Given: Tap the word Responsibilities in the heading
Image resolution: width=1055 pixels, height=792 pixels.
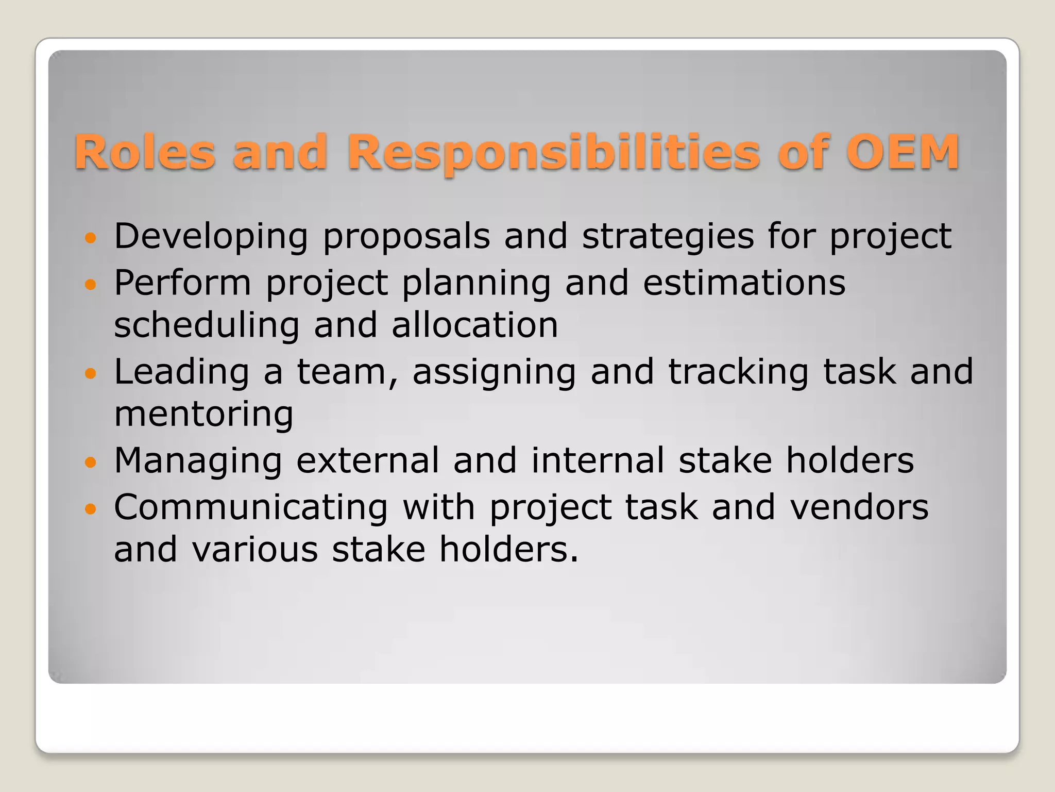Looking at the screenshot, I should (x=553, y=153).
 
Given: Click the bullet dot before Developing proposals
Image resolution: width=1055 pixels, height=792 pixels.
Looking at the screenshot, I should (x=90, y=238).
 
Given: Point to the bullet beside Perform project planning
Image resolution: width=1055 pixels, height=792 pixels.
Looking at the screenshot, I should (x=90, y=284).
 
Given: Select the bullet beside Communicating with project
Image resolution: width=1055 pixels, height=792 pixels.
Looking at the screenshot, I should (x=90, y=509).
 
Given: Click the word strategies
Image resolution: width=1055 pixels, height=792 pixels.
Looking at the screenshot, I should (x=668, y=237).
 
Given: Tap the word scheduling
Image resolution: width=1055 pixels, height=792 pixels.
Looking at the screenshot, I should (x=207, y=326).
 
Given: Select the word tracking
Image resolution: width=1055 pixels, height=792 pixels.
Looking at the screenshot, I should (x=738, y=372).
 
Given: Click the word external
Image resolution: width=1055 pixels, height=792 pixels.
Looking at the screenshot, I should (x=368, y=460).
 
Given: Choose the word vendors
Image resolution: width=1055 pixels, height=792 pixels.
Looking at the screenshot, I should (x=859, y=507).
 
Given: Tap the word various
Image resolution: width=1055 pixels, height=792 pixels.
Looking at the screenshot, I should (x=255, y=550).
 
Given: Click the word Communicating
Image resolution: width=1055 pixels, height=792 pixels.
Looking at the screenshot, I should (x=251, y=507).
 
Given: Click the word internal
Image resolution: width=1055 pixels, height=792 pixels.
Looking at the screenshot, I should (x=598, y=460).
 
